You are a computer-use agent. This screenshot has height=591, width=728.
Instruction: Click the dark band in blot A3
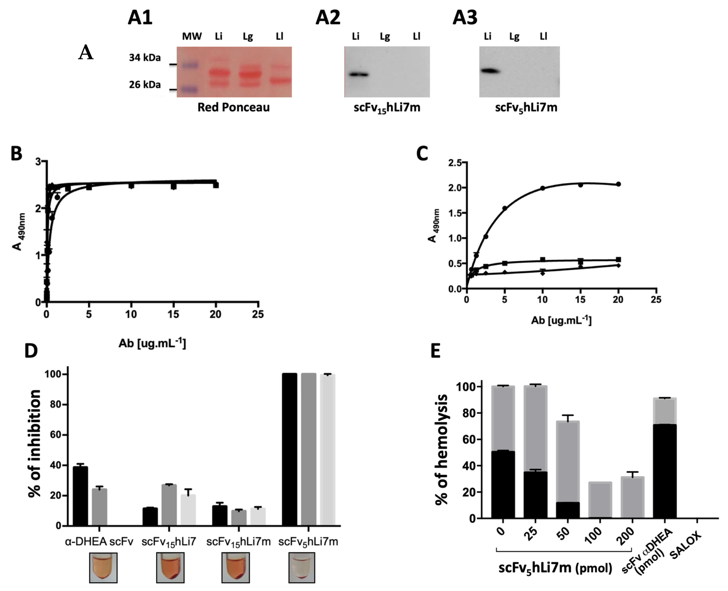click(x=490, y=71)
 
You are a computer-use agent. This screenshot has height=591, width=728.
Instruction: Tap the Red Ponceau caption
click(x=233, y=107)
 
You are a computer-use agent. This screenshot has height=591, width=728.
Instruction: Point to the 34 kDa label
click(x=145, y=57)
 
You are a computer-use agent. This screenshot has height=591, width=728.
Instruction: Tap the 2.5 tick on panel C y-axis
click(x=455, y=163)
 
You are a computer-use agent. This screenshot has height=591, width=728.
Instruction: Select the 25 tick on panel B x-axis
click(x=258, y=314)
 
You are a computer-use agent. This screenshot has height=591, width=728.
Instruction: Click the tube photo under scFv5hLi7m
click(x=302, y=567)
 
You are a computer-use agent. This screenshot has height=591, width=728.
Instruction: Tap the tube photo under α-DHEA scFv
click(x=103, y=567)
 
